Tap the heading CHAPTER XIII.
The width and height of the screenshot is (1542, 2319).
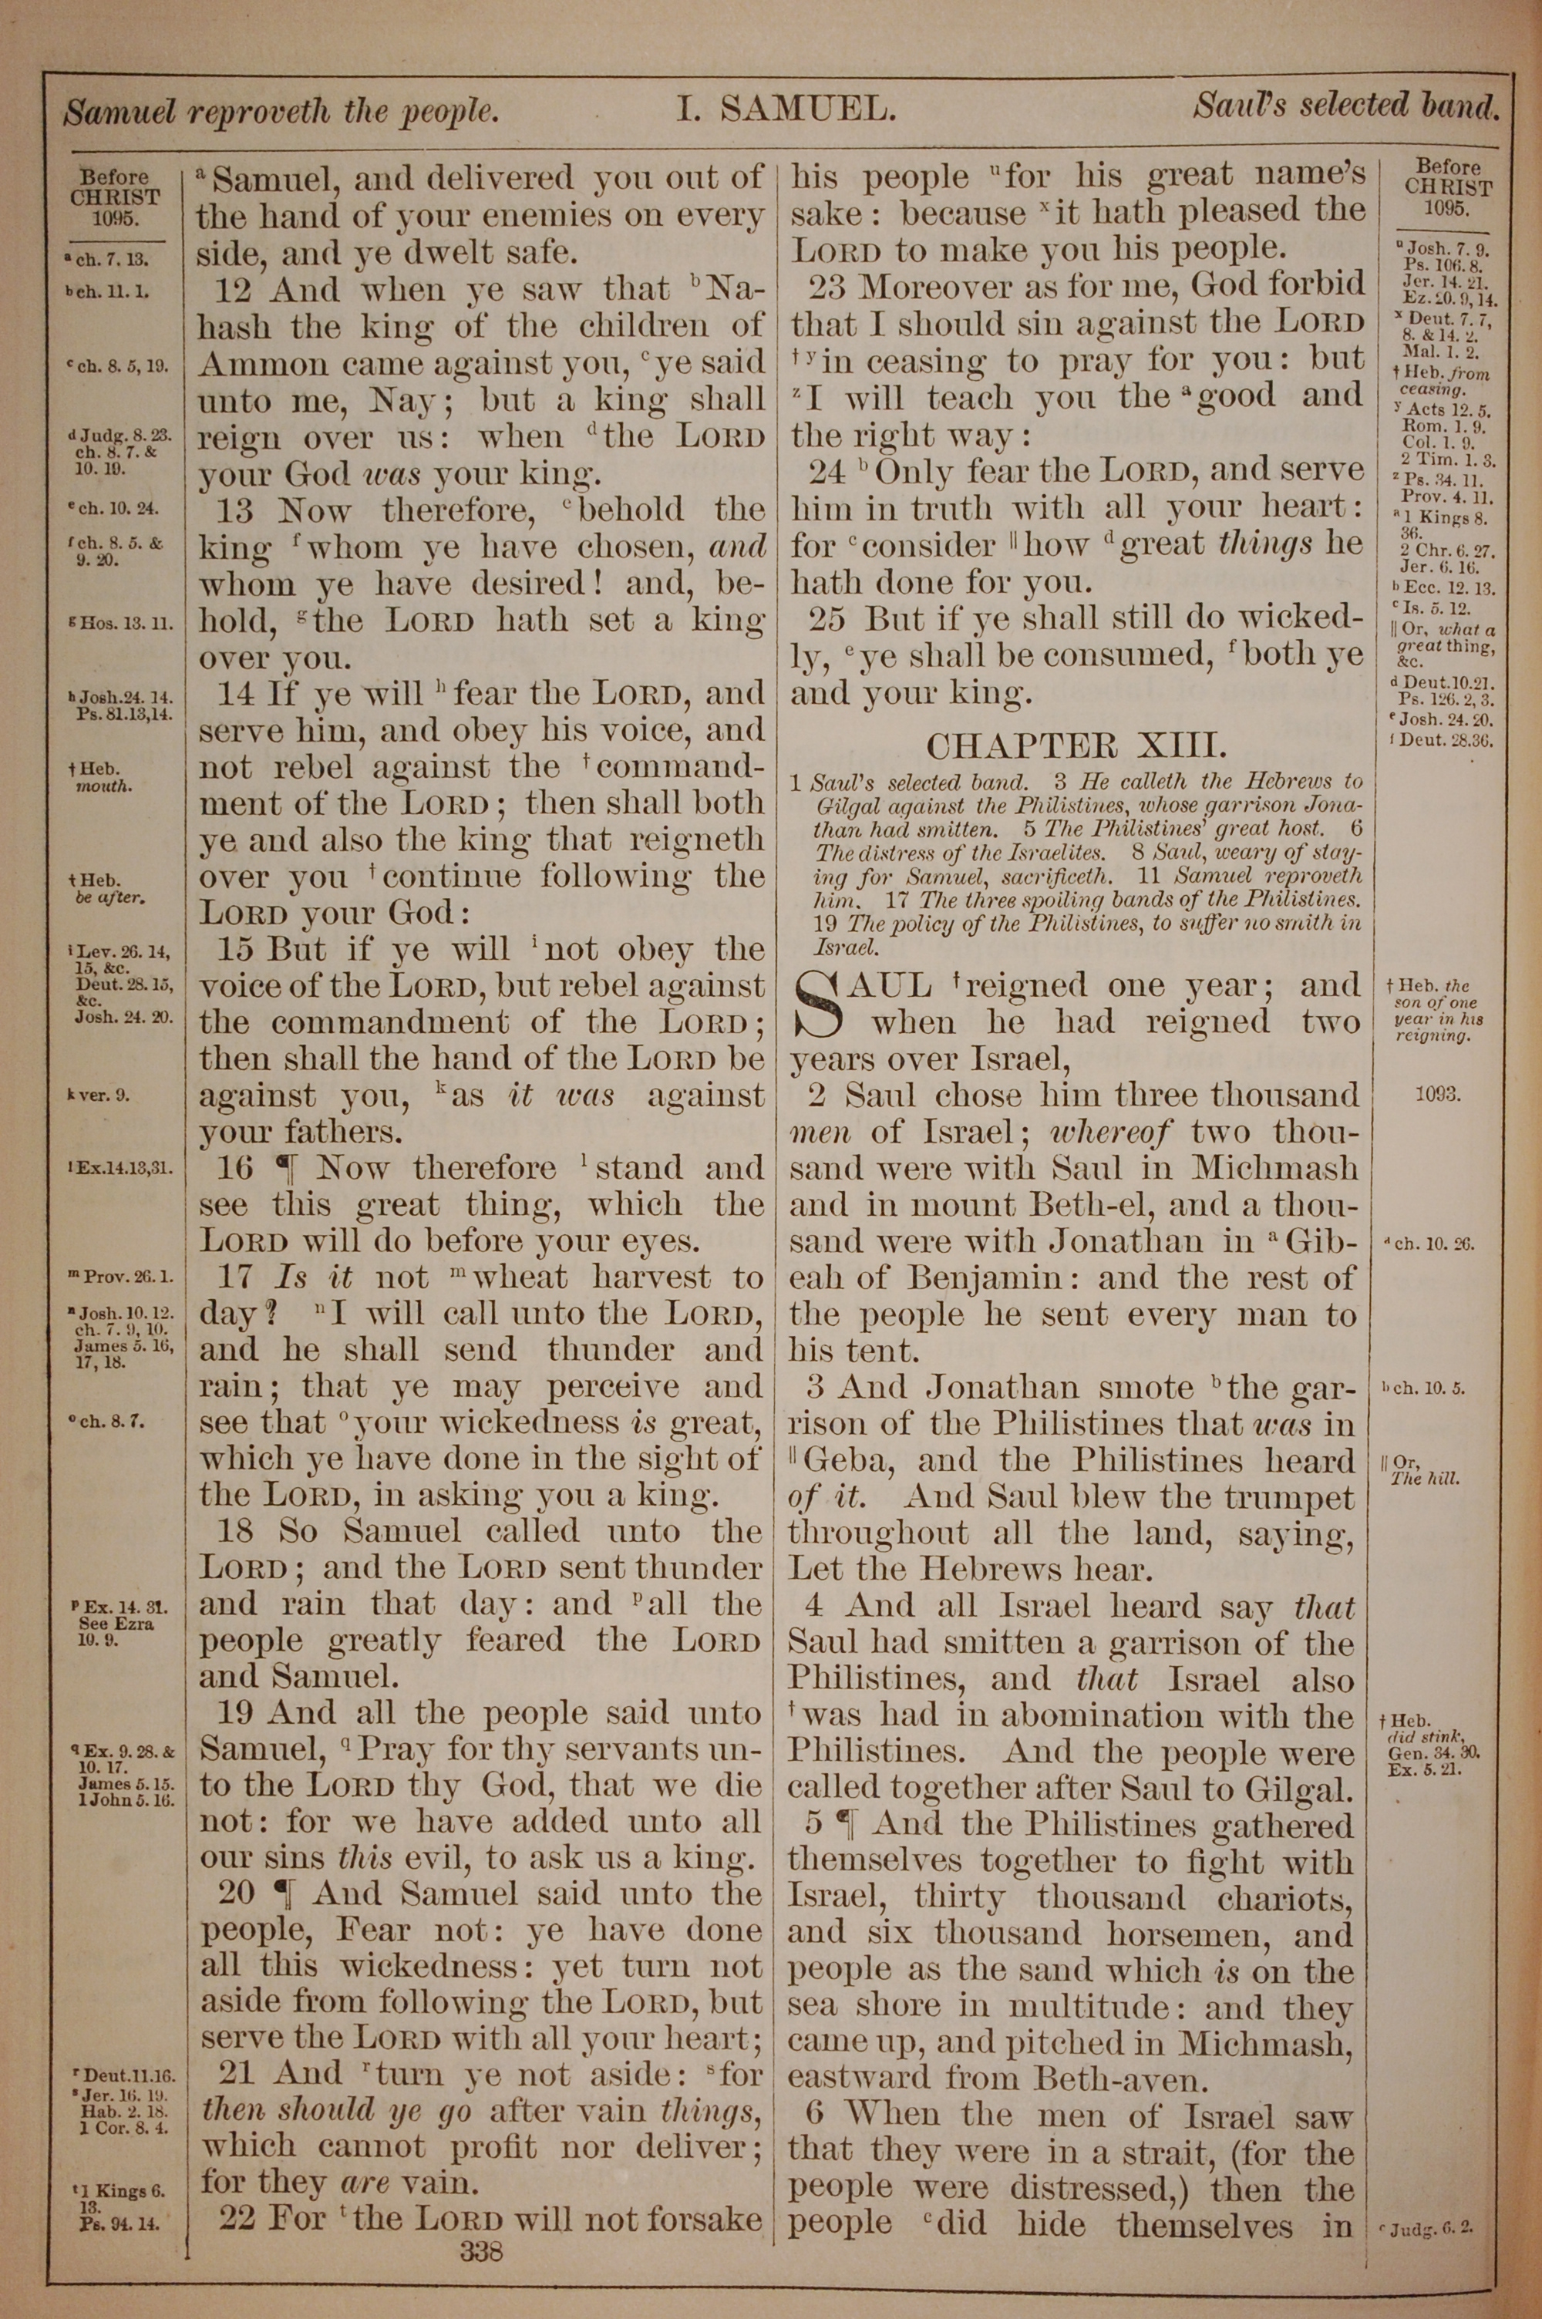(x=1077, y=746)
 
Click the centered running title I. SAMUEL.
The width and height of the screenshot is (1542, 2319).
(x=786, y=108)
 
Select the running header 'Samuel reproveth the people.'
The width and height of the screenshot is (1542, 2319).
(x=282, y=113)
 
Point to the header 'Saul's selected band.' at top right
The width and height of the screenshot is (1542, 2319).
(x=1345, y=104)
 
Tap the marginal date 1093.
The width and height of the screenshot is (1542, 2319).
(x=1439, y=1094)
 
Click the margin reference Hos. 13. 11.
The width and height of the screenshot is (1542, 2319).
(x=118, y=622)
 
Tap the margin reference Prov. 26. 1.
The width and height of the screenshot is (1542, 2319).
(x=122, y=1277)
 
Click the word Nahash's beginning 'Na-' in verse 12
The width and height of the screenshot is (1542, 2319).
(x=732, y=290)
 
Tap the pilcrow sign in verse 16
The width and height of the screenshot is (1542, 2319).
(x=285, y=1168)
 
